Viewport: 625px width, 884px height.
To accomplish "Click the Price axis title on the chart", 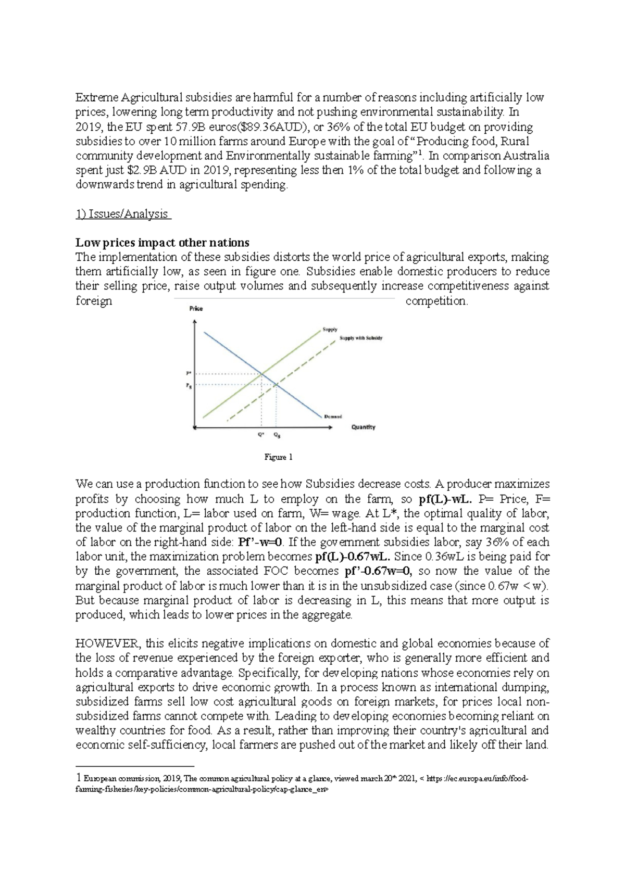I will (x=195, y=309).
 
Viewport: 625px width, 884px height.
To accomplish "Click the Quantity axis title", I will (x=363, y=427).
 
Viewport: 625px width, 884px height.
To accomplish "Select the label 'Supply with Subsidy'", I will (x=360, y=338).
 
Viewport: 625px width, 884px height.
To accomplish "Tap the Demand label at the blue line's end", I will (x=333, y=416).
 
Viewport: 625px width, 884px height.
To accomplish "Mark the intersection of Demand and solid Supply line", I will (x=261, y=373).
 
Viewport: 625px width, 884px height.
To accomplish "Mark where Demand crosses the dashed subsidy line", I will (x=276, y=385).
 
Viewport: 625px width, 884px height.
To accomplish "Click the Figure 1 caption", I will (x=279, y=457).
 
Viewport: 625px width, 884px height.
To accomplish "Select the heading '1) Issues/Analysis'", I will (x=123, y=214).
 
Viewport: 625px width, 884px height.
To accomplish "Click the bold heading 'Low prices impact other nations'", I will (x=162, y=243).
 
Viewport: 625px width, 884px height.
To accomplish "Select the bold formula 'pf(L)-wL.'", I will (x=445, y=499).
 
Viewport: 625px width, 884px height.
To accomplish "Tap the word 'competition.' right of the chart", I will (x=436, y=301).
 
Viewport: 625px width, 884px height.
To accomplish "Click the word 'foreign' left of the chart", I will (x=94, y=301).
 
